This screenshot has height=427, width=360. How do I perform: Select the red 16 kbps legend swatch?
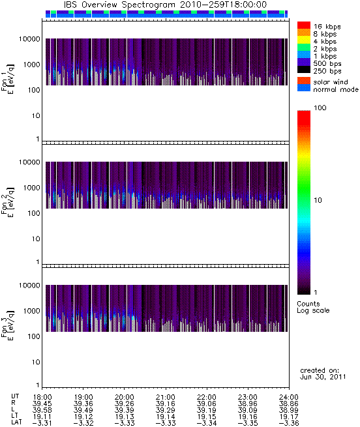(304, 25)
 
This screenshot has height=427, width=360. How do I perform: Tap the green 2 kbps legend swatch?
(304, 48)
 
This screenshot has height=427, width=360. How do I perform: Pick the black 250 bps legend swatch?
(304, 70)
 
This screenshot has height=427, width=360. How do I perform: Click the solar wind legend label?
(331, 82)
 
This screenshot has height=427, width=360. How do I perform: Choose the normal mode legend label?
(336, 89)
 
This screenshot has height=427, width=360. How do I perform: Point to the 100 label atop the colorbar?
(320, 108)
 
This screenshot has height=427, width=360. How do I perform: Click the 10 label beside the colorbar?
(318, 200)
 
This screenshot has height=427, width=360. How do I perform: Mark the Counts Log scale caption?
(313, 307)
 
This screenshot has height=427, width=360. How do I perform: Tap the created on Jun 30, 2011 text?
(323, 374)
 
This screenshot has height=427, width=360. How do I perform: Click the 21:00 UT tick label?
(166, 397)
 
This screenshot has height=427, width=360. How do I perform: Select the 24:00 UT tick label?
(289, 397)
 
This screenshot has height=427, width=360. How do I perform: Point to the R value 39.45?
(42, 404)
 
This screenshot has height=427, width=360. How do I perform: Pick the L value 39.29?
(166, 410)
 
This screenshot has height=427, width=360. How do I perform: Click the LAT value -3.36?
(289, 423)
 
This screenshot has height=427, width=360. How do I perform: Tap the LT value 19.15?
(207, 417)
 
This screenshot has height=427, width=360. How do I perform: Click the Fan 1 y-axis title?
(7, 80)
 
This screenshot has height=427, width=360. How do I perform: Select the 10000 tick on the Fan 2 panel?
(29, 162)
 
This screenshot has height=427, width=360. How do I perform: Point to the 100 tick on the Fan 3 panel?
(34, 336)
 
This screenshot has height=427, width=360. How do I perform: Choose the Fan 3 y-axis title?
(7, 325)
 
